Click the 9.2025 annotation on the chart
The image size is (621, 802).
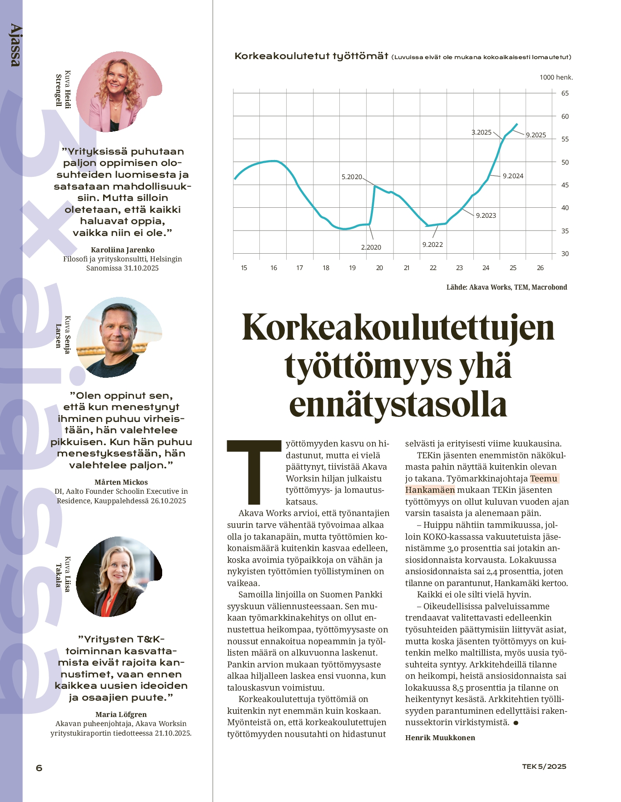[x=536, y=135]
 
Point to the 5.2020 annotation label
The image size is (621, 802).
[x=352, y=177]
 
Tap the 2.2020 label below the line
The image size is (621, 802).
[x=371, y=247]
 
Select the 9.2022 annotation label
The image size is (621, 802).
[x=432, y=245]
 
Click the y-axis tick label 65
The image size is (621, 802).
[x=565, y=93]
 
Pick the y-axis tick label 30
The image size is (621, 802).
[x=565, y=254]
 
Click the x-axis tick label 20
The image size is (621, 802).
[x=379, y=268]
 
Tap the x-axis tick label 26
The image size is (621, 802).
[x=540, y=268]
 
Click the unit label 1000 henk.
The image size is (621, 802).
[x=556, y=77]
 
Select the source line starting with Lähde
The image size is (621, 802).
[x=507, y=287]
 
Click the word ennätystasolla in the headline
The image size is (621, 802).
[x=397, y=405]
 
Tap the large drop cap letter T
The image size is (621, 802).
[x=254, y=471]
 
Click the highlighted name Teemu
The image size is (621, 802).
[x=544, y=478]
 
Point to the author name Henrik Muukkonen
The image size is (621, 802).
[x=440, y=737]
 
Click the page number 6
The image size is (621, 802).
[x=39, y=768]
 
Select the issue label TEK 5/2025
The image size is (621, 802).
[x=544, y=767]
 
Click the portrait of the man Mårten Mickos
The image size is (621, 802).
[x=119, y=337]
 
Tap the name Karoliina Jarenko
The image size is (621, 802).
[x=123, y=250]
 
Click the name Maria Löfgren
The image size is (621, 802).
[x=121, y=714]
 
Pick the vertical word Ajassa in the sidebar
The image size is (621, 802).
[x=15, y=45]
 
